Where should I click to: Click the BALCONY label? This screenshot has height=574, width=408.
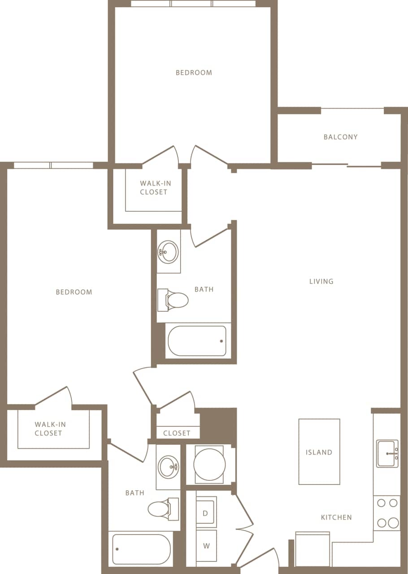click(340, 137)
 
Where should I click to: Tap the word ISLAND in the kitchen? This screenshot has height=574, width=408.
click(319, 452)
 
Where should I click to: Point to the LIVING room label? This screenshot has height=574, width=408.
click(321, 281)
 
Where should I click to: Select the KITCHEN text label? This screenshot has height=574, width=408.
click(336, 517)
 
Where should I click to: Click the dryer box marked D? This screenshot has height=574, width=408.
click(206, 513)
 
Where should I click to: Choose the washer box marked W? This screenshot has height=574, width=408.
click(206, 546)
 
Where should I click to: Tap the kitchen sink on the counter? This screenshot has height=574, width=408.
click(387, 453)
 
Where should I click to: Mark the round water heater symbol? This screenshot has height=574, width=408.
click(209, 465)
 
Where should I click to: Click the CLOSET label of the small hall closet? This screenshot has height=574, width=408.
click(177, 433)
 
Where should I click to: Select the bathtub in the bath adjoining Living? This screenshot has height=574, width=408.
click(197, 341)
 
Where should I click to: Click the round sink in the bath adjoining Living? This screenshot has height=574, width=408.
click(169, 251)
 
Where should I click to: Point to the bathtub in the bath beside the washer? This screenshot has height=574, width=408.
click(141, 549)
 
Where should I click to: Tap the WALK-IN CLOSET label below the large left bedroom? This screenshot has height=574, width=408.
click(48, 428)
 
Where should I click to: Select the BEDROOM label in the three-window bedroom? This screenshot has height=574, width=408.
click(194, 72)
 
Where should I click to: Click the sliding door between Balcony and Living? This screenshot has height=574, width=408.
click(346, 165)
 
